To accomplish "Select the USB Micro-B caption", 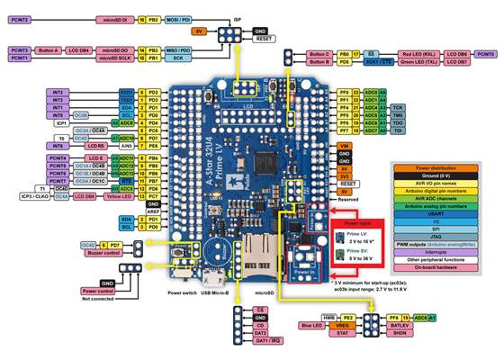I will pyautogui.click(x=216, y=292).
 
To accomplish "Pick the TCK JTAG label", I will pyautogui.click(x=398, y=106).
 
